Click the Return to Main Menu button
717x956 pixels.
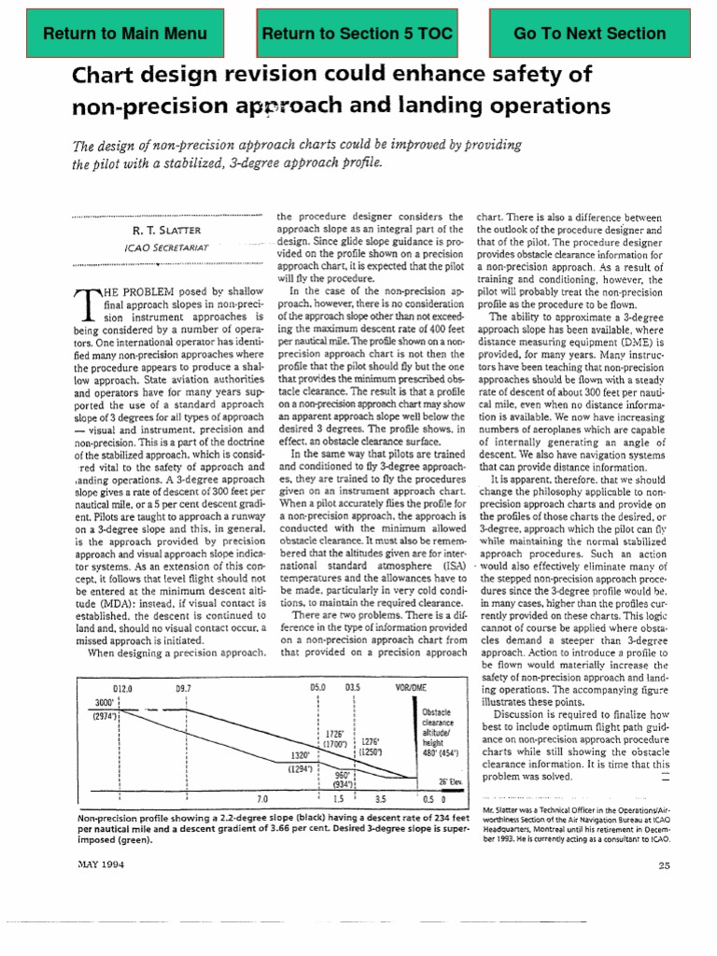tap(125, 35)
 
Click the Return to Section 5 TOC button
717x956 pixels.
tap(358, 35)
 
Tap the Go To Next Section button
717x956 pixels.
tap(589, 35)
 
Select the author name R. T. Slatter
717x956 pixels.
tap(165, 229)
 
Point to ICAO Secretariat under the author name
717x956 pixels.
tap(165, 247)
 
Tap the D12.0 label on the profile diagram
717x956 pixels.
tap(121, 687)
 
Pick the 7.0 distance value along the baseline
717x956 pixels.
tap(261, 799)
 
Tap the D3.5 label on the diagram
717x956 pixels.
tap(352, 687)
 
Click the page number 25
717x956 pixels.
tap(664, 865)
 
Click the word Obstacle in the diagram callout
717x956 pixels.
tap(436, 712)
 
